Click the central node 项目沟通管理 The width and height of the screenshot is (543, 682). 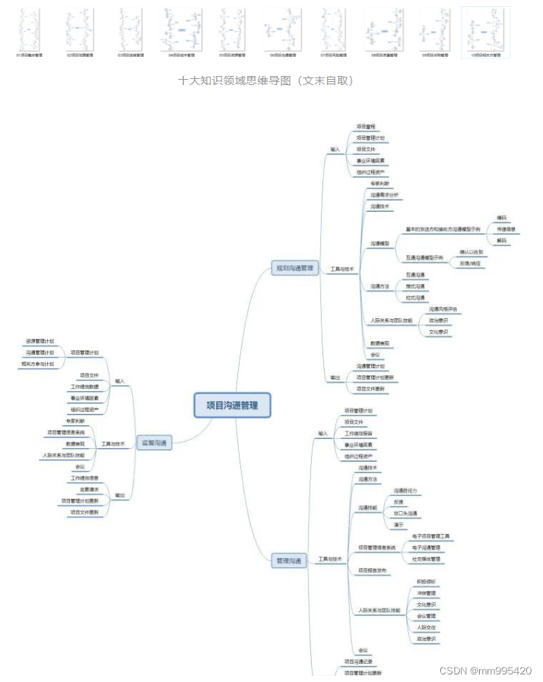click(232, 406)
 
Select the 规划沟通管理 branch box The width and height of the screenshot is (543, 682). click(294, 268)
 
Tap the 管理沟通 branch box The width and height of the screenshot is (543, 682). click(288, 560)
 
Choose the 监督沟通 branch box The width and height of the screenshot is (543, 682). click(154, 443)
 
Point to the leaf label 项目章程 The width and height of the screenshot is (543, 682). click(367, 127)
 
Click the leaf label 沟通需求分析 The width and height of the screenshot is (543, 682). click(384, 195)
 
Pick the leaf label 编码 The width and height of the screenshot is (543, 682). click(501, 217)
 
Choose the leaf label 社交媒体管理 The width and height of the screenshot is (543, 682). click(426, 558)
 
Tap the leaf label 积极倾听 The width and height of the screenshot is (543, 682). click(426, 582)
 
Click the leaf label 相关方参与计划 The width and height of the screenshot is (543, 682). click(37, 364)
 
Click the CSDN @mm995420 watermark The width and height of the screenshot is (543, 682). click(485, 671)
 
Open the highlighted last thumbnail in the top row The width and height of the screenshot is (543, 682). click(485, 33)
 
